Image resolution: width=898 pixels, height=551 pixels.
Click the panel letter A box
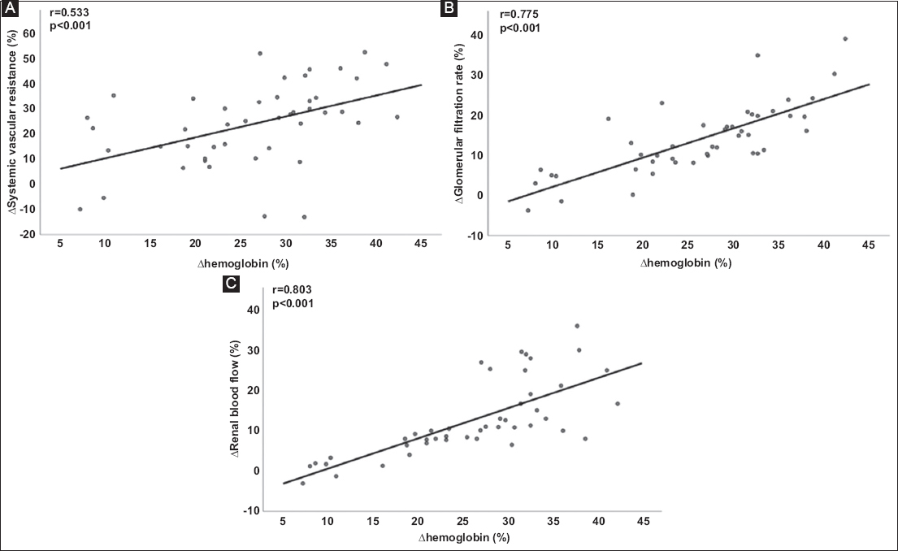coord(10,9)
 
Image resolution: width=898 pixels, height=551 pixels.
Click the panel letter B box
coord(449,9)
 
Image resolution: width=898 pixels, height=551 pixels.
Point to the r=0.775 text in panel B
coord(518,14)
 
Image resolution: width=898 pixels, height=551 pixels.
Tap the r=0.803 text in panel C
coord(292,289)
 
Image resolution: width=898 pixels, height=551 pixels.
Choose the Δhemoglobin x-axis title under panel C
coord(463,538)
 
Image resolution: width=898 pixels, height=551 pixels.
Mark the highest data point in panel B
coord(845,38)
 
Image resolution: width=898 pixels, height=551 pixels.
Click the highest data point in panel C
coord(577,326)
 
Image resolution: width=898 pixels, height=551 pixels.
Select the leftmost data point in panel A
coord(80,209)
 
